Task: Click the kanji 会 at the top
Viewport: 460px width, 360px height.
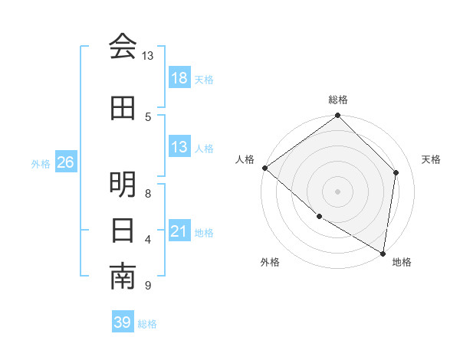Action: pos(123,47)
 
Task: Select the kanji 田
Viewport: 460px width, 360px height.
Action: pos(123,109)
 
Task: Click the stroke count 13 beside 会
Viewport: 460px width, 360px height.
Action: pos(148,56)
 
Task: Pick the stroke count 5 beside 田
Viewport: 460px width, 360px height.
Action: pos(148,116)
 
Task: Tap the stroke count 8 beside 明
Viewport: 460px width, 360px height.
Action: pos(148,194)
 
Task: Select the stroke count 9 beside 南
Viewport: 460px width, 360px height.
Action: pos(148,286)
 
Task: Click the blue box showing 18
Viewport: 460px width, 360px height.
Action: pos(179,78)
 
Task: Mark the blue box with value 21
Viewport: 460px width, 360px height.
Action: pos(179,231)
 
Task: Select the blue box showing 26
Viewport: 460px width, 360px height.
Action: pos(65,162)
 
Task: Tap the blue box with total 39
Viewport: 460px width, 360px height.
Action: pos(122,322)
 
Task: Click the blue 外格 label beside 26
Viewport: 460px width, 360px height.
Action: pos(41,163)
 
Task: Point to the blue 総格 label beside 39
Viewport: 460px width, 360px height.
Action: pos(147,324)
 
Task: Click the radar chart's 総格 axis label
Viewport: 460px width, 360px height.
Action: pos(338,100)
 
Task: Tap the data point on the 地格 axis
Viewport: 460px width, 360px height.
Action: pos(383,253)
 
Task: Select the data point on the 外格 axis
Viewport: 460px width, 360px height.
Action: pos(319,217)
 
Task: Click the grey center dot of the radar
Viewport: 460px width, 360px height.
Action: pos(338,191)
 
